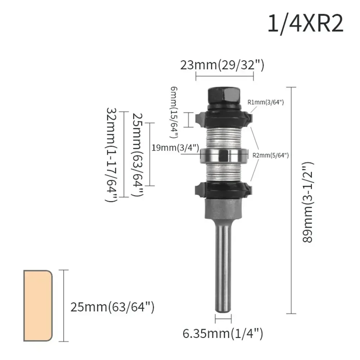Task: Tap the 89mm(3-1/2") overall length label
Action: pos(308,202)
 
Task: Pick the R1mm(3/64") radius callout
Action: pos(266,102)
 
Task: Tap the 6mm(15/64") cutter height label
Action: pos(174,112)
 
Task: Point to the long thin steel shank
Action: pos(223,266)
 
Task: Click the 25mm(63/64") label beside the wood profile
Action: pos(112,307)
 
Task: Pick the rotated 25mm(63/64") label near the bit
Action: pos(138,154)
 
